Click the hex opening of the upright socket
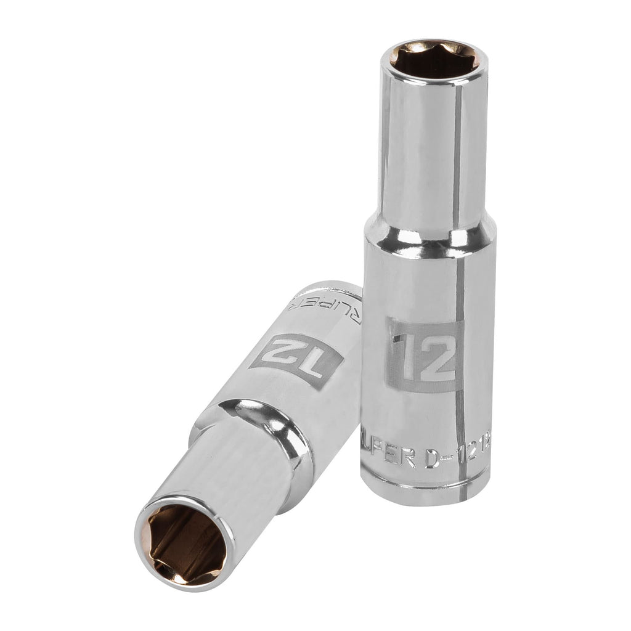pyautogui.click(x=434, y=62)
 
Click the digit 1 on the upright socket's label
pyautogui.click(x=405, y=356)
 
